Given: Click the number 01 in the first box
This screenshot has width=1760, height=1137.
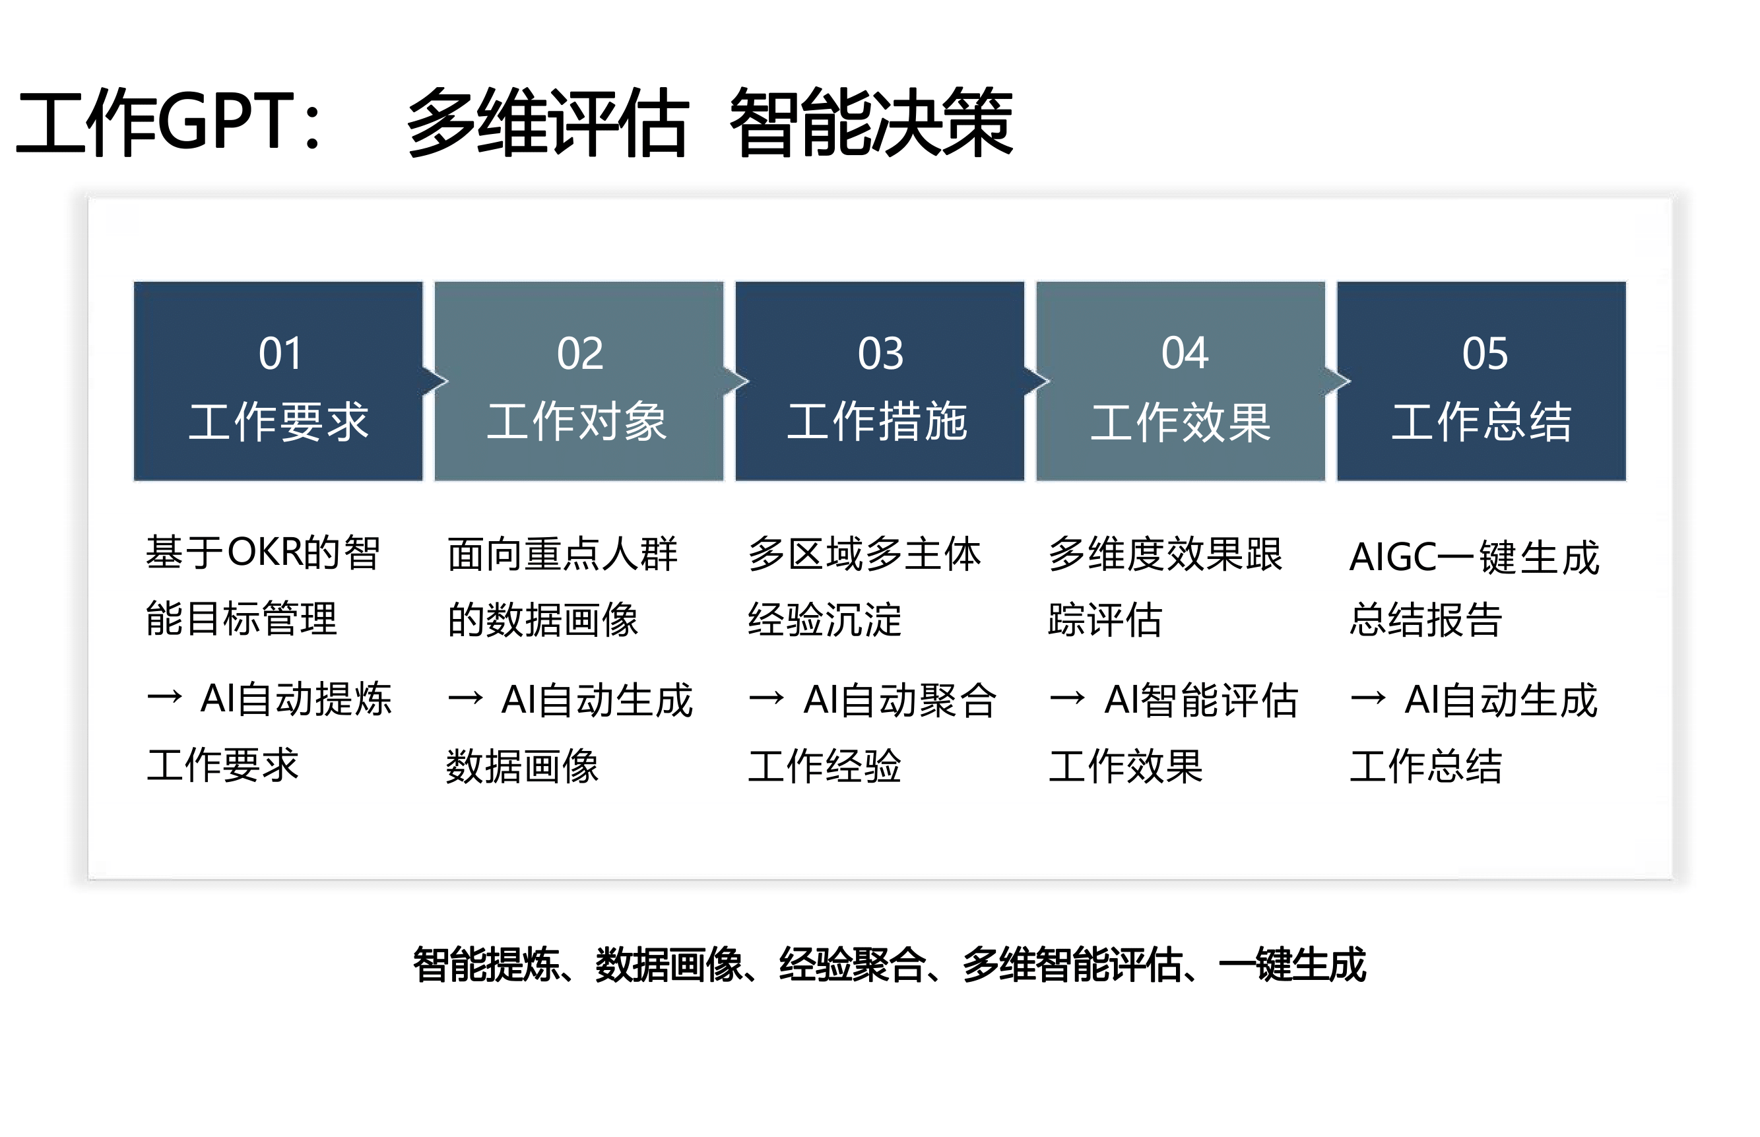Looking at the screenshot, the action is (280, 353).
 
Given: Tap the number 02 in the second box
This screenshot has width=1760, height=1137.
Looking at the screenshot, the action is (580, 353).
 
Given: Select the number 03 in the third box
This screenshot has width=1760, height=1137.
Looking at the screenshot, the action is (880, 353).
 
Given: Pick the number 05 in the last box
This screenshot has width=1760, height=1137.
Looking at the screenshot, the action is (1485, 353).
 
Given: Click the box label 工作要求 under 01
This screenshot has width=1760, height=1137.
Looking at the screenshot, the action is (278, 422).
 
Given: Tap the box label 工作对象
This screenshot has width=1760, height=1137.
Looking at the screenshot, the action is (577, 422).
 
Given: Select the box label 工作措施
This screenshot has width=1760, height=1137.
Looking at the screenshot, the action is (877, 422).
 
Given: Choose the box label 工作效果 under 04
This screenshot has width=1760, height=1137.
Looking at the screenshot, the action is (1181, 423).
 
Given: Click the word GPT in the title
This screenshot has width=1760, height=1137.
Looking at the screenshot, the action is (226, 120).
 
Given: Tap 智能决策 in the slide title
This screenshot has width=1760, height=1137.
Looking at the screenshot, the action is (871, 122).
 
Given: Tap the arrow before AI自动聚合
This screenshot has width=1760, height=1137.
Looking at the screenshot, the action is (766, 697).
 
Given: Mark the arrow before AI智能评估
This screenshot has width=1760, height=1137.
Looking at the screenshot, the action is (1068, 697).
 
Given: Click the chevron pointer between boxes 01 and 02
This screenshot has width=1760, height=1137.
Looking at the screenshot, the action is (436, 381).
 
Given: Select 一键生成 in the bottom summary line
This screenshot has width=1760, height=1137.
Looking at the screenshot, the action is (1292, 964).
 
